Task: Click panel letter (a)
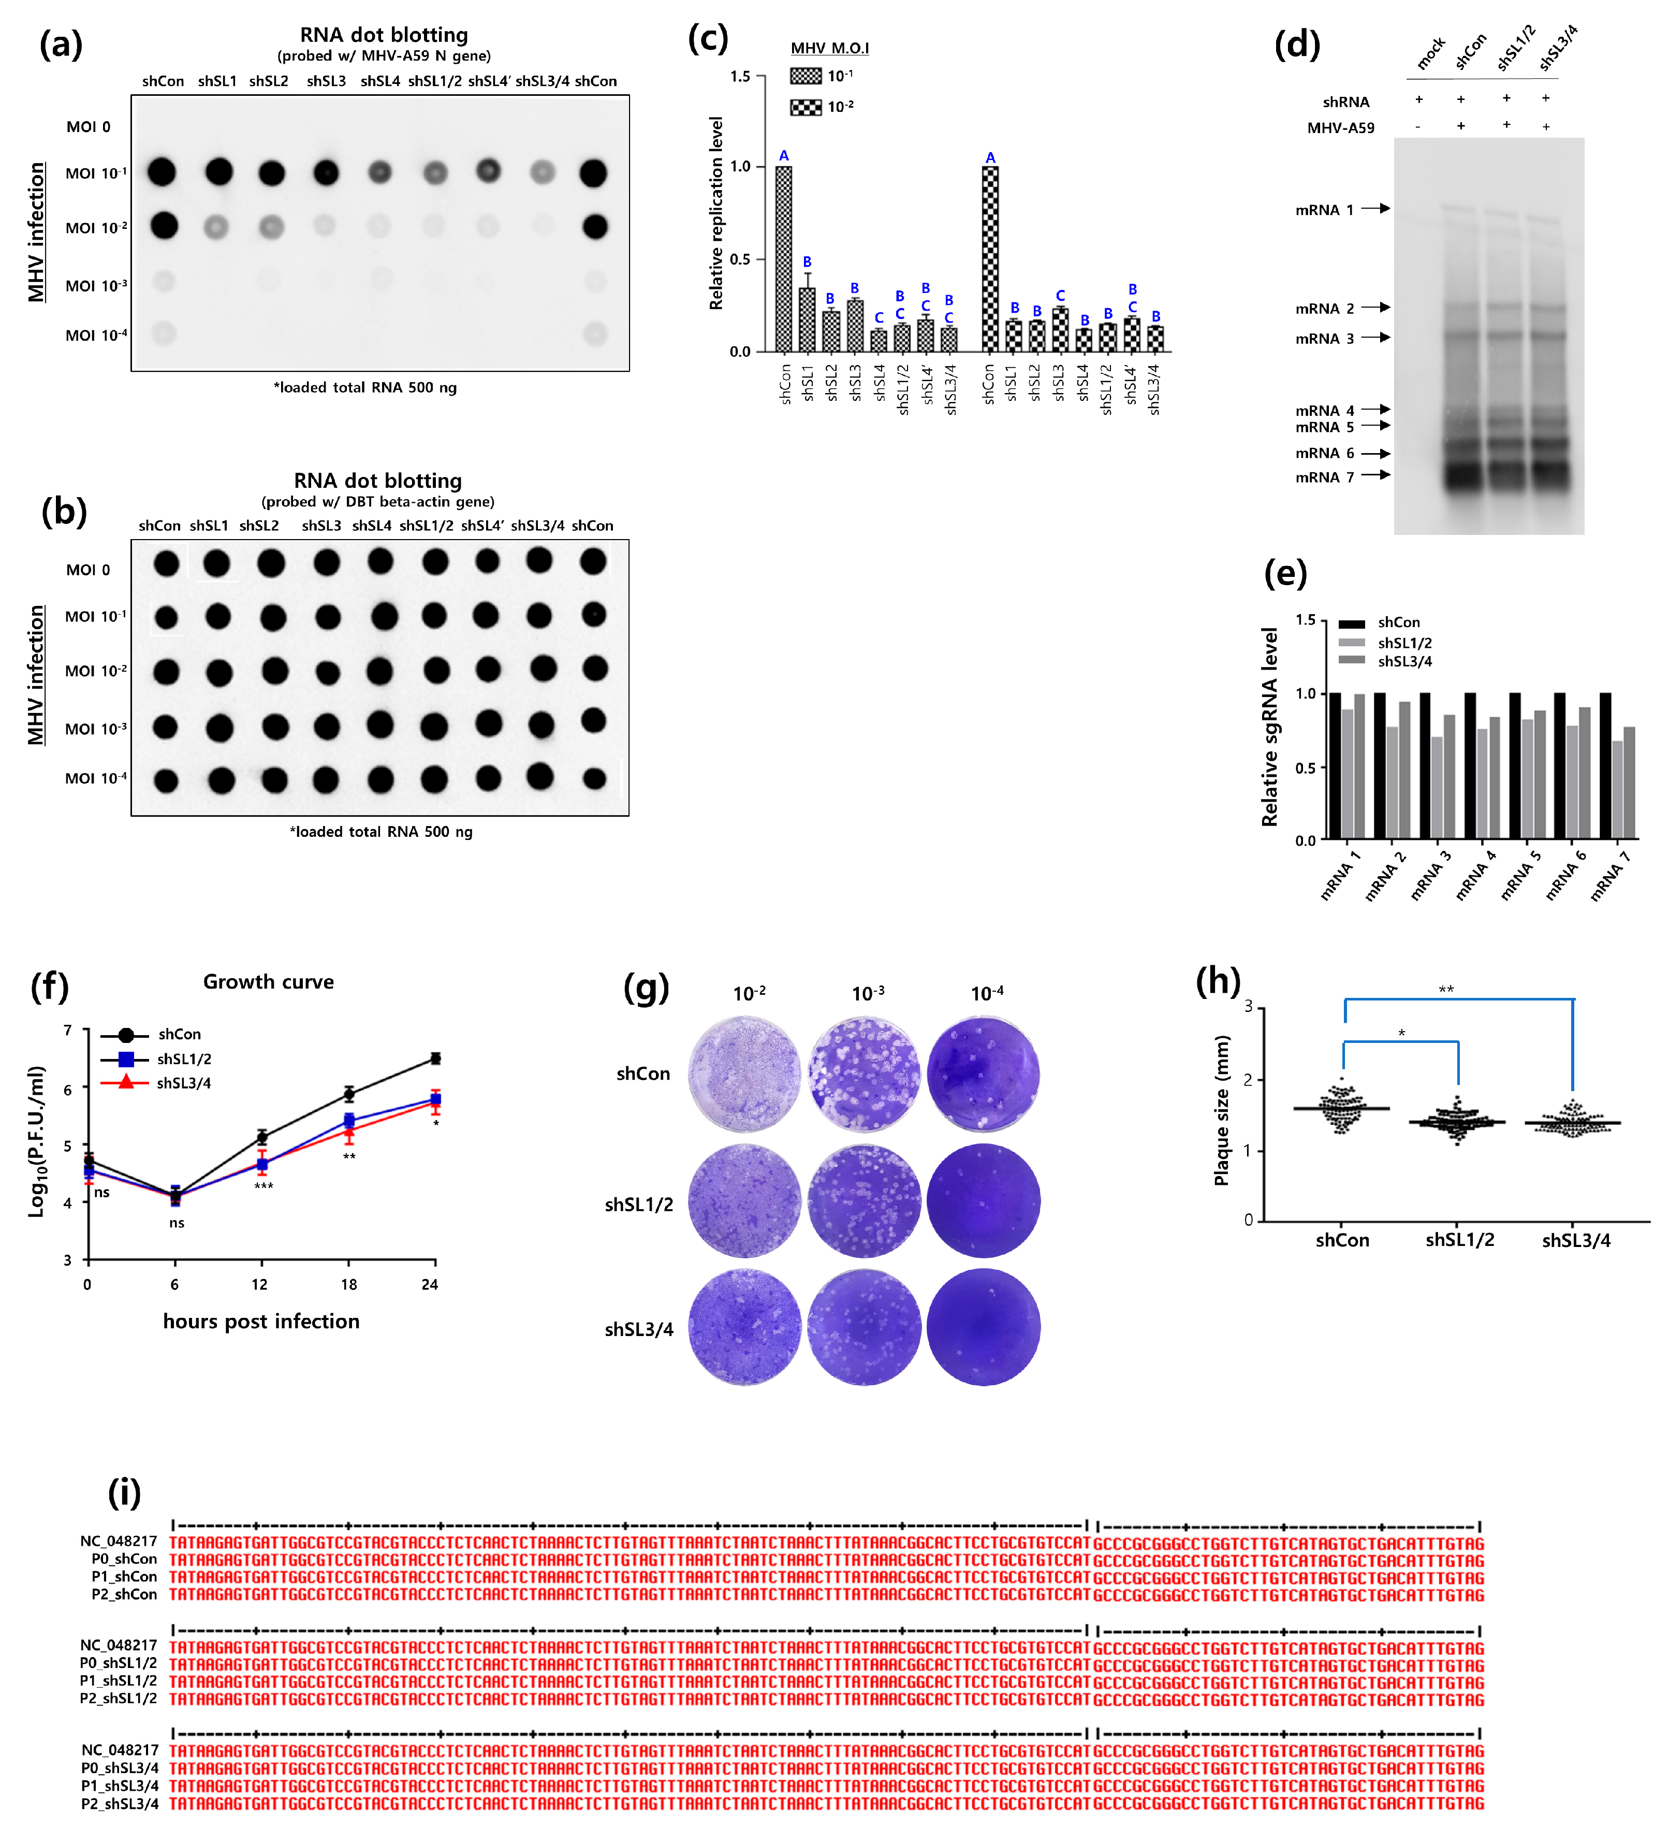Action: [x=61, y=43]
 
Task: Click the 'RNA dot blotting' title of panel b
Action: [x=377, y=481]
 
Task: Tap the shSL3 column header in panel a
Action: [x=326, y=81]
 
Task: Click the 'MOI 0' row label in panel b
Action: [x=88, y=570]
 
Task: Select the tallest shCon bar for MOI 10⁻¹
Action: [x=783, y=258]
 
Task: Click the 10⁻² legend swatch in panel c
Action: [x=805, y=107]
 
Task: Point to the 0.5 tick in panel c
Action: [x=740, y=259]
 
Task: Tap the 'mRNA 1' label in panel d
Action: [x=1324, y=209]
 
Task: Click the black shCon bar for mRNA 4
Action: [x=1470, y=766]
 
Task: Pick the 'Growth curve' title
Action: [x=268, y=981]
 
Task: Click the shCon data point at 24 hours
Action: [x=435, y=1058]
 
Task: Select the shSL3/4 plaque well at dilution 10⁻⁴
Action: [x=984, y=1328]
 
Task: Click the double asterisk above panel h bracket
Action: [x=1446, y=989]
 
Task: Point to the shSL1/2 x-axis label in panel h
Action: [x=1459, y=1240]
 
